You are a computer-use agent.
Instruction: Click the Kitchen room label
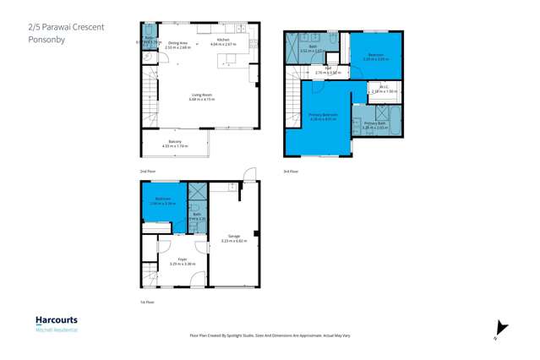pyautogui.click(x=223, y=41)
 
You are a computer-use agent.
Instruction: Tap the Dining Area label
pyautogui.click(x=177, y=44)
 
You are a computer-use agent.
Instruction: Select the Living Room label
pyautogui.click(x=202, y=96)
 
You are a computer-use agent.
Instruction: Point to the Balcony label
pyautogui.click(x=175, y=143)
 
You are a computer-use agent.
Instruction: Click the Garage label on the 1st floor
pyautogui.click(x=234, y=237)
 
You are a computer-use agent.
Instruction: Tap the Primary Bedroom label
pyautogui.click(x=323, y=116)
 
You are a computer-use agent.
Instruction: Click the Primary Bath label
pyautogui.click(x=374, y=124)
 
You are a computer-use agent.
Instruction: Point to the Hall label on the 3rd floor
pyautogui.click(x=328, y=72)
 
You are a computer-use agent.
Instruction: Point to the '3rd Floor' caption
pyautogui.click(x=292, y=172)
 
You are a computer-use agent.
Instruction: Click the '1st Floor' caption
pyautogui.click(x=147, y=301)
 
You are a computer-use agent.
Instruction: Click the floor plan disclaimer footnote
pyautogui.click(x=270, y=335)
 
